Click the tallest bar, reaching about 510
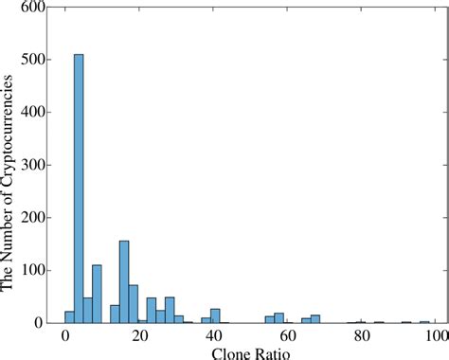point(79,189)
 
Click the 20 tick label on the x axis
point(138,335)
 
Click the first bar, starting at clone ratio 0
point(69,317)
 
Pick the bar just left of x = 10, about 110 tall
point(97,294)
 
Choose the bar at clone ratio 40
point(215,316)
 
